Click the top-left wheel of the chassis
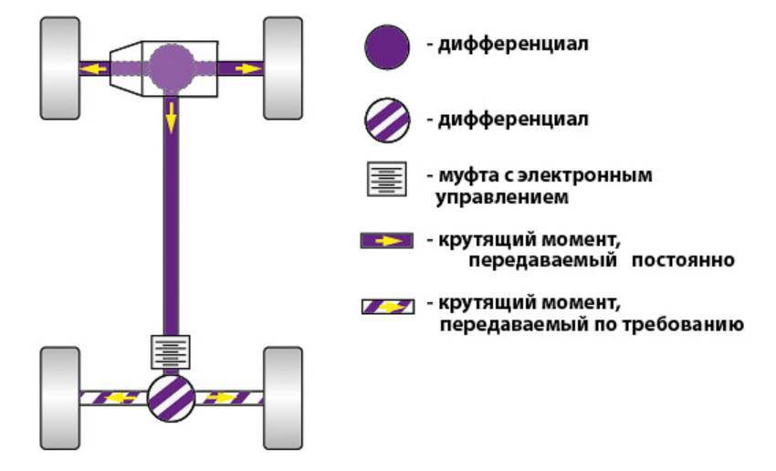coord(59,69)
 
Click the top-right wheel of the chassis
coord(283,69)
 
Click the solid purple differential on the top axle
coord(171,66)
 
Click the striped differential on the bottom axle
coord(171,398)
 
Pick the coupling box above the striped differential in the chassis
coord(171,351)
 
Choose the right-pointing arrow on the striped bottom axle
coord(221,398)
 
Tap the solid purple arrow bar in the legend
coord(388,242)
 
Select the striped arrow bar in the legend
coord(388,307)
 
